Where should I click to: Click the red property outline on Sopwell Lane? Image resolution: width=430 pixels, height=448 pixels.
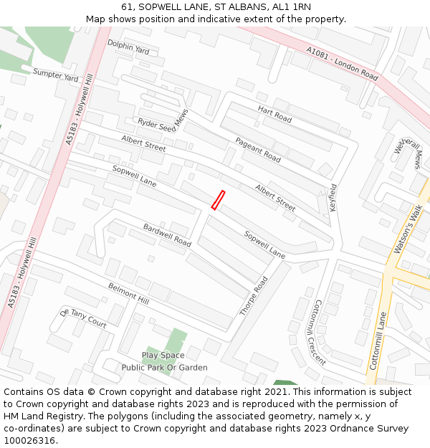[x=218, y=200]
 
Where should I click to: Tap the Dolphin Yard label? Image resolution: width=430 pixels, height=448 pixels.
[x=128, y=47]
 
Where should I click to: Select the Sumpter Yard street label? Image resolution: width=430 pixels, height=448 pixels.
[x=55, y=74]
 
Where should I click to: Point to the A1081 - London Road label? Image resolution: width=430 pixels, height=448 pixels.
[x=342, y=63]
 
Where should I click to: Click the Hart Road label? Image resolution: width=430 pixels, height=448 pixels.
[x=274, y=113]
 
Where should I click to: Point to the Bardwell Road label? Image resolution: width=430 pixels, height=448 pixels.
[x=167, y=235]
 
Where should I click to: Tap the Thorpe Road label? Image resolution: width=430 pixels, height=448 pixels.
[x=254, y=296]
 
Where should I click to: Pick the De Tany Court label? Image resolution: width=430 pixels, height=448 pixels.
[x=83, y=319]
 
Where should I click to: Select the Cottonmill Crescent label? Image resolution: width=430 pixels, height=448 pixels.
[x=315, y=332]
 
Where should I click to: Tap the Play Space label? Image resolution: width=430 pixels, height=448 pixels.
[x=163, y=356]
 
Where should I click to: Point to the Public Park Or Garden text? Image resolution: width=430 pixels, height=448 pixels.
[x=164, y=368]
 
